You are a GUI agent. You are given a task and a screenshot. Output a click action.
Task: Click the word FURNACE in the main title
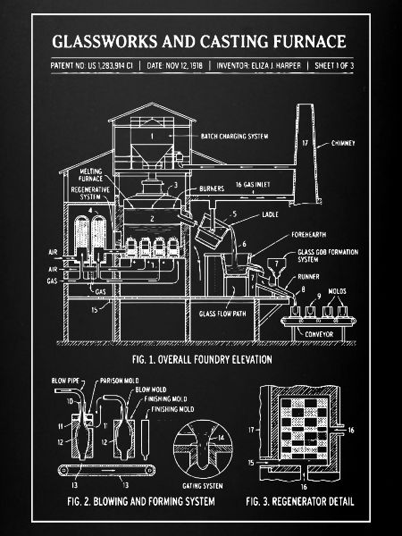click(309, 42)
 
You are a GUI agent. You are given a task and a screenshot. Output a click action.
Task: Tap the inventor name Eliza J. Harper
click(276, 65)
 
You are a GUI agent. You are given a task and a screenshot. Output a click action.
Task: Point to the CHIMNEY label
click(343, 143)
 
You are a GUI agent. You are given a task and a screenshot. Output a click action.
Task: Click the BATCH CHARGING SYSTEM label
click(234, 137)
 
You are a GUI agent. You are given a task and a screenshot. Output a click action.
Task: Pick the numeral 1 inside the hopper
click(152, 137)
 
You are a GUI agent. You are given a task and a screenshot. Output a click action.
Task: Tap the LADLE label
click(270, 214)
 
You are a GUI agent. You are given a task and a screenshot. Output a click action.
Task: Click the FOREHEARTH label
click(309, 235)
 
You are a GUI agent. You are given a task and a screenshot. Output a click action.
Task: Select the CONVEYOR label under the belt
click(319, 334)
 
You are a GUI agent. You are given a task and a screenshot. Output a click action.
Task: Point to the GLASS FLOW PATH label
click(222, 314)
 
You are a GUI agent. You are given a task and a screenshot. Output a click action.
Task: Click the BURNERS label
click(212, 188)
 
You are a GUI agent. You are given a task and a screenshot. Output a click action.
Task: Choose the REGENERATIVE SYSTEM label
click(90, 193)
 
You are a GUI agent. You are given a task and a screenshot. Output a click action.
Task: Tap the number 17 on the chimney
click(305, 143)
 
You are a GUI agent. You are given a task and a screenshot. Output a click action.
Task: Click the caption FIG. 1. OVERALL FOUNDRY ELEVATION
click(202, 360)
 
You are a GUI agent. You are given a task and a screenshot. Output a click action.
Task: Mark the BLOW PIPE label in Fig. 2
click(65, 381)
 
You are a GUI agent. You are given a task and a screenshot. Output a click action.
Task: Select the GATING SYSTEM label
click(203, 486)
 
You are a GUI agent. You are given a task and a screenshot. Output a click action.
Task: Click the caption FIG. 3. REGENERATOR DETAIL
click(300, 501)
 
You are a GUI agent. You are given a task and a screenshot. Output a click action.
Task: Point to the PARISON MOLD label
click(120, 381)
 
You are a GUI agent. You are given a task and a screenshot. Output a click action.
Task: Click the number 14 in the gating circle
click(222, 437)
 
